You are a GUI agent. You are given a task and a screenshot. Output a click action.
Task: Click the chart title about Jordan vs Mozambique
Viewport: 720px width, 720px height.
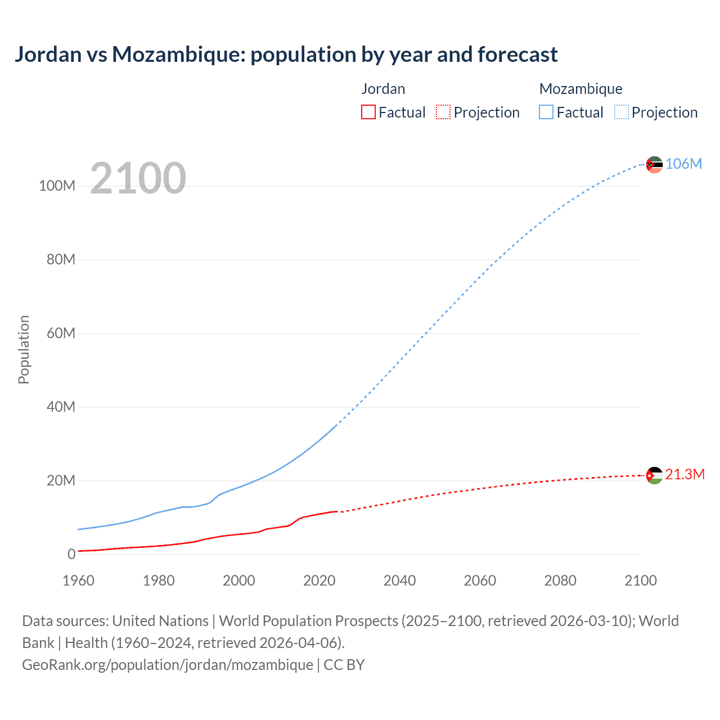click(x=286, y=55)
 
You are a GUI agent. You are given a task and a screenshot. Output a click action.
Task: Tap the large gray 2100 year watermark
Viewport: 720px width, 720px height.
click(x=138, y=178)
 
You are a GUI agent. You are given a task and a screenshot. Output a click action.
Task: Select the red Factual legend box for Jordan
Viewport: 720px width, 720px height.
click(x=368, y=112)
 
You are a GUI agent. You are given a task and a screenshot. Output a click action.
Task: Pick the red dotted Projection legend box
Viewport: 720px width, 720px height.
click(x=443, y=112)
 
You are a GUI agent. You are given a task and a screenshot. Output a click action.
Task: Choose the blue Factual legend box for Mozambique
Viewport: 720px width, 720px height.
click(x=546, y=112)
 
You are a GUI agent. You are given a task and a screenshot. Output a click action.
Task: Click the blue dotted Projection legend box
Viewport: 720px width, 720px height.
click(x=622, y=112)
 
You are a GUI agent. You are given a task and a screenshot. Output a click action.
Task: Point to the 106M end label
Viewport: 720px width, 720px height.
click(x=683, y=164)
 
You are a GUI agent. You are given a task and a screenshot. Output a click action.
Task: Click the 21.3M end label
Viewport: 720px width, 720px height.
click(x=685, y=474)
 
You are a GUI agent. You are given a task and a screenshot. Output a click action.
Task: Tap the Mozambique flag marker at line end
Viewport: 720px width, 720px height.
click(x=654, y=165)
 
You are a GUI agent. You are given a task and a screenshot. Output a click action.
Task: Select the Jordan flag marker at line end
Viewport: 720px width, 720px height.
click(x=654, y=476)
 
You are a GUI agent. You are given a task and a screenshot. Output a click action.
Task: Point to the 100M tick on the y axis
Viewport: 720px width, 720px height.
click(x=57, y=186)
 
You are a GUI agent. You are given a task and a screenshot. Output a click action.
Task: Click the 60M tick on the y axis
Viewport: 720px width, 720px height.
click(x=61, y=333)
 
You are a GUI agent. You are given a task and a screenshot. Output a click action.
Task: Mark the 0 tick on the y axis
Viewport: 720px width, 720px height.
click(x=71, y=554)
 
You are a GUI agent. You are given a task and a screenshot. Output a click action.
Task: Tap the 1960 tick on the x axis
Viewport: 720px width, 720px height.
click(x=78, y=580)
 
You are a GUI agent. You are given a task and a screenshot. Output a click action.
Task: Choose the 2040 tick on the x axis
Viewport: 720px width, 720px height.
click(x=399, y=580)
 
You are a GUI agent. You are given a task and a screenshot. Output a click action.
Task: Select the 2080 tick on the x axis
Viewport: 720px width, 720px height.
click(x=560, y=580)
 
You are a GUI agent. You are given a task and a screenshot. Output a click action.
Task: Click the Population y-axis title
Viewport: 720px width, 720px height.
click(x=24, y=349)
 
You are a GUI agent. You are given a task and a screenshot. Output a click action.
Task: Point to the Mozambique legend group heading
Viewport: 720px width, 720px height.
click(x=580, y=89)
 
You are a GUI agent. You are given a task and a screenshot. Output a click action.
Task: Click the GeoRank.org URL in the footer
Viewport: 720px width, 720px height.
click(x=168, y=665)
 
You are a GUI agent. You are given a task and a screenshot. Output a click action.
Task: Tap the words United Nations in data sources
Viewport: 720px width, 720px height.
click(x=160, y=621)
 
